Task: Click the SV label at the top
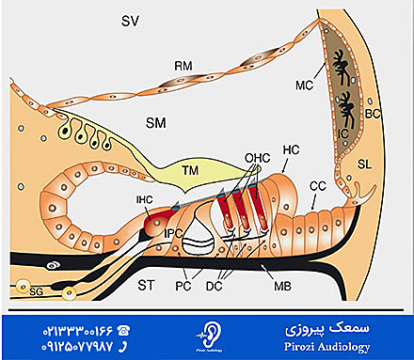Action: click(132, 20)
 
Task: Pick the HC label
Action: click(291, 149)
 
